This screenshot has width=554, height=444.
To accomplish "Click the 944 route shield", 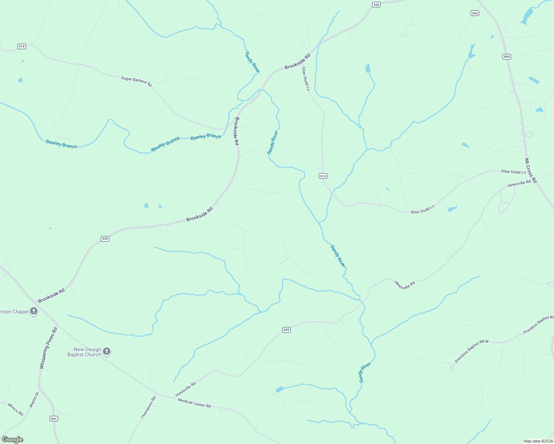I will point(475,13).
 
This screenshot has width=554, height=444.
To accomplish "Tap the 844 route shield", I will point(507,57).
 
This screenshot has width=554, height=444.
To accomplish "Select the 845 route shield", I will point(286,330).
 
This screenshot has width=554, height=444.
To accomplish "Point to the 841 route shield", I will point(54,418).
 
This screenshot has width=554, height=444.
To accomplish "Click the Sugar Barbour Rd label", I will point(137,81).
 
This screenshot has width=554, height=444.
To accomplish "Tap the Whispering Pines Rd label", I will point(49,348).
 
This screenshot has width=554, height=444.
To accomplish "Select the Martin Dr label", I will point(34,400).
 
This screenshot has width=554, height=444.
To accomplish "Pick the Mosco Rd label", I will point(16,409).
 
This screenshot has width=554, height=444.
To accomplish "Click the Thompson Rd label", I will point(148,407).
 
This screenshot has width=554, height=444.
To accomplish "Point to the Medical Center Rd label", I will point(194,403).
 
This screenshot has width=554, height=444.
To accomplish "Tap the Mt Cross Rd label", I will point(530,171).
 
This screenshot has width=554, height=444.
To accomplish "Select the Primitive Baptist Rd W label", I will point(472,351).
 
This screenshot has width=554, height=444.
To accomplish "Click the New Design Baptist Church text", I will point(84,352).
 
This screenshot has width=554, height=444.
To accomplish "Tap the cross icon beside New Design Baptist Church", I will point(107,351).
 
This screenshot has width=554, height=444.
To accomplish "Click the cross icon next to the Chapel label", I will point(34,311).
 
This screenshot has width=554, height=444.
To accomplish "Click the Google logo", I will point(12,440).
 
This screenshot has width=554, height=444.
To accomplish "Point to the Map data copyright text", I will point(538,441).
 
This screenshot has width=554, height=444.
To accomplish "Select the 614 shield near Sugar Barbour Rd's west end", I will point(21,46).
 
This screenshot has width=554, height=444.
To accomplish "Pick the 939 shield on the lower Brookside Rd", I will point(105,239).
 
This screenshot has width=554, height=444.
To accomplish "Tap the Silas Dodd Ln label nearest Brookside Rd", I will point(305,79).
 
